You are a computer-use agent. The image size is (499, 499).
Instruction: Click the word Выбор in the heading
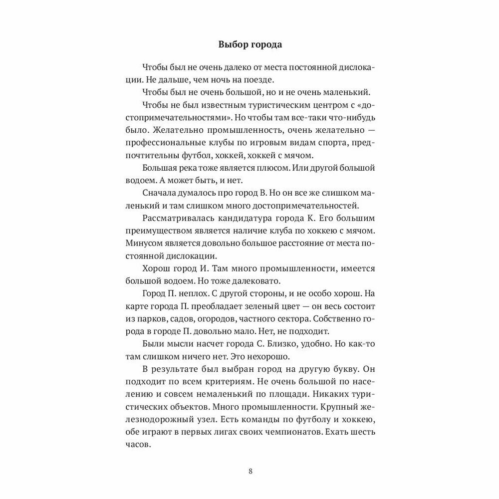[234, 44]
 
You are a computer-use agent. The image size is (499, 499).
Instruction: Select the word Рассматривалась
[176, 218]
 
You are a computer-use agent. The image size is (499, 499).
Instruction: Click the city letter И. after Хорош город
[197, 268]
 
